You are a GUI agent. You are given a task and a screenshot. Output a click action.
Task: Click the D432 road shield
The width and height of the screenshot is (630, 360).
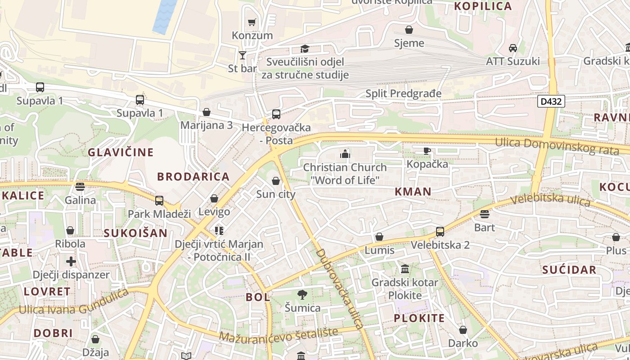point(551,101)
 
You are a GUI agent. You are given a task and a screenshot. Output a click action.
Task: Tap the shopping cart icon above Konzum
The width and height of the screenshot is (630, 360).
point(252,22)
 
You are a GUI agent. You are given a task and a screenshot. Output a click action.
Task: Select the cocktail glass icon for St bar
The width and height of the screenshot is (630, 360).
point(243,55)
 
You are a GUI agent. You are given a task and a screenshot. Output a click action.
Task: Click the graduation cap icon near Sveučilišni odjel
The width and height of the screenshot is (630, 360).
point(305,49)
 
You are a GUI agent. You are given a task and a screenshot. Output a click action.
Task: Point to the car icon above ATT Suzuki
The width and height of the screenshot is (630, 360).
point(513,48)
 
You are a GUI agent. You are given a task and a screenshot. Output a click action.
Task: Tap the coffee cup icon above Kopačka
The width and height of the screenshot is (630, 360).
point(427,151)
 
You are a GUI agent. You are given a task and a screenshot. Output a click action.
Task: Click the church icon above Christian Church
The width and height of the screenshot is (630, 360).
point(345,154)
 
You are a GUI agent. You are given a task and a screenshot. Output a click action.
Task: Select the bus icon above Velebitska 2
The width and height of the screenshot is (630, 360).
point(440,232)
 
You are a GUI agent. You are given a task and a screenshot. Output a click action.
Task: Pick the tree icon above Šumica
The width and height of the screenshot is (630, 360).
point(302,295)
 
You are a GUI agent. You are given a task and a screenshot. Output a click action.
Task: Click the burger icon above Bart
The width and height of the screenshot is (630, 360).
point(485,214)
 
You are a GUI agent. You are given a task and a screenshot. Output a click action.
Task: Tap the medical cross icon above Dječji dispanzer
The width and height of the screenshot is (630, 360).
point(71,261)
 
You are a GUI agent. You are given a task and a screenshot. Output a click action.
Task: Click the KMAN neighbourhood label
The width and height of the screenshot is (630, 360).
point(413,192)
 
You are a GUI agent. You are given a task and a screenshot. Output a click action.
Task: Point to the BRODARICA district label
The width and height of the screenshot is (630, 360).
point(193,177)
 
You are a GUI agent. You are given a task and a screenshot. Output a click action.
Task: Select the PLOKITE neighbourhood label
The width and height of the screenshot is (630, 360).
point(419,319)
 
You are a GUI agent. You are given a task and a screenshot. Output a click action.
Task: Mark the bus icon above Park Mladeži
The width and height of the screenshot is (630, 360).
point(159,201)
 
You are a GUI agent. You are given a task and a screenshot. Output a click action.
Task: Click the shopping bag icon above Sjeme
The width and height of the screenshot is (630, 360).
point(409,30)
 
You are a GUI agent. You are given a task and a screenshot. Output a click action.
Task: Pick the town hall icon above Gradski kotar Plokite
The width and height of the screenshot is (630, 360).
point(405,269)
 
